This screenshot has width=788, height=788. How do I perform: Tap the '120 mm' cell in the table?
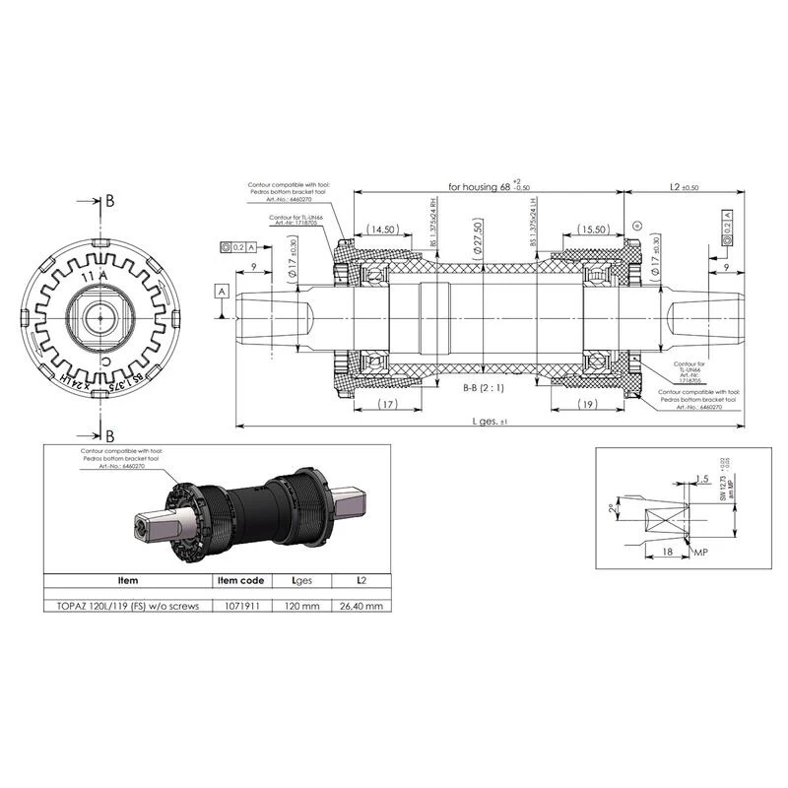pos(300,606)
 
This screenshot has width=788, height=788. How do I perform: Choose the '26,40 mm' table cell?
pos(359,606)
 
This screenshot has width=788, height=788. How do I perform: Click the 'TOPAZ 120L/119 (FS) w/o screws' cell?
pos(128,606)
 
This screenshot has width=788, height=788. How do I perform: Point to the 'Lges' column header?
pos(300,580)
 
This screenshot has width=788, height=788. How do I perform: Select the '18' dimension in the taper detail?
pos(668,555)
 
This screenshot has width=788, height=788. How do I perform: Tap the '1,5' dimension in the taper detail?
pos(700,479)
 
